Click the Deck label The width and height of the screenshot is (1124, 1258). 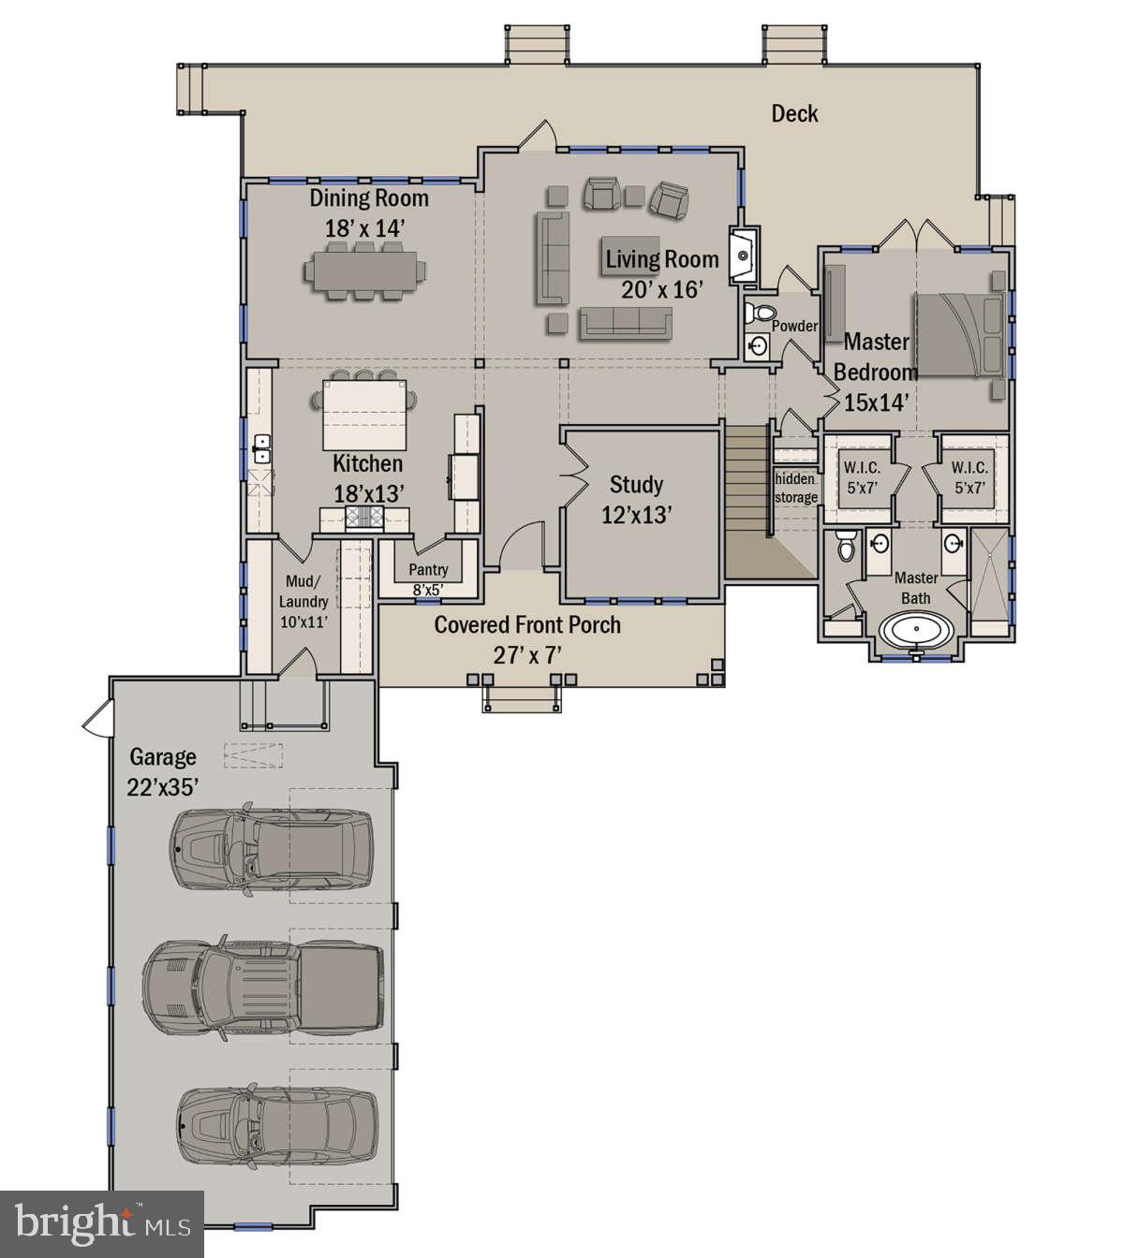[x=794, y=113]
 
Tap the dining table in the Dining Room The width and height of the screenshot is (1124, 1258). [x=364, y=271]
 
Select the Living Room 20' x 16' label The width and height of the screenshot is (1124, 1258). [x=661, y=273]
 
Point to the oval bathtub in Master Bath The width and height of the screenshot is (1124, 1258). [x=917, y=630]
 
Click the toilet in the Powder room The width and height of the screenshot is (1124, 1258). [x=758, y=314]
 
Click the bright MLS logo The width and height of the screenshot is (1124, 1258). [x=101, y=1223]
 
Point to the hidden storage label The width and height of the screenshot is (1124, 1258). [x=795, y=488]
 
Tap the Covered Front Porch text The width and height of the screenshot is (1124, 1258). [x=527, y=625]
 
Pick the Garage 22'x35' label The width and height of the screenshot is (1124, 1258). [x=163, y=771]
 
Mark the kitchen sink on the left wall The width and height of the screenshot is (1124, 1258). [x=260, y=448]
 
